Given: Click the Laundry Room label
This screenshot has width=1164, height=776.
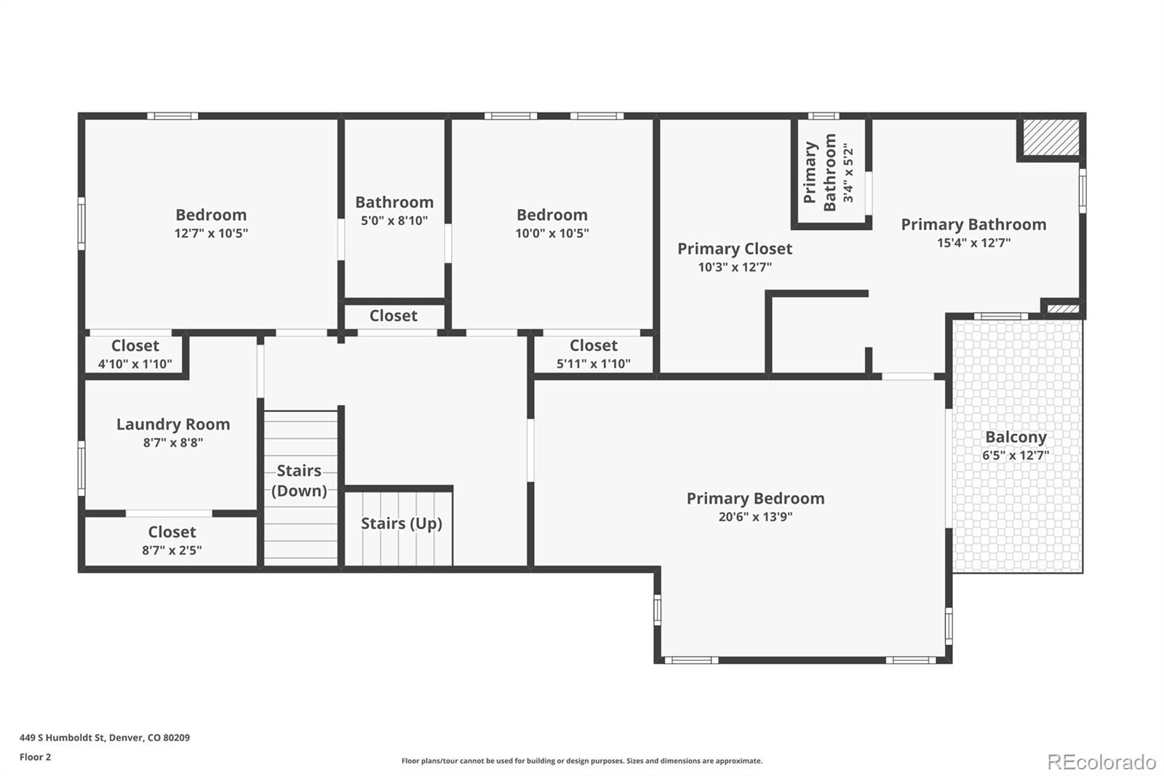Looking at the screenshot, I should [173, 424].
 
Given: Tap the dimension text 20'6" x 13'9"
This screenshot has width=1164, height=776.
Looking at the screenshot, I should [755, 517].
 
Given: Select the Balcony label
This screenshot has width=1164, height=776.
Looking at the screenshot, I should [1016, 438].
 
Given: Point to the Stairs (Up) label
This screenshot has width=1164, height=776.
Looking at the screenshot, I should [402, 523].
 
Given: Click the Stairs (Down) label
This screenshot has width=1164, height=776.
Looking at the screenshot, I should [299, 480].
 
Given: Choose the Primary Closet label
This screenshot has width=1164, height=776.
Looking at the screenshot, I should [735, 249].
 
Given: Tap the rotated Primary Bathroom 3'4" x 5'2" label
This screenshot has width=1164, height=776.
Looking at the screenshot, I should [829, 173].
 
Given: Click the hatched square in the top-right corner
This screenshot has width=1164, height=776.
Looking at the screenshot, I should [1051, 138].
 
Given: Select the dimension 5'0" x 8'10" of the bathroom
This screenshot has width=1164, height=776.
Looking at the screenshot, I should [394, 221].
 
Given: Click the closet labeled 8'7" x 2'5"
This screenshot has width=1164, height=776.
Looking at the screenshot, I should [172, 540].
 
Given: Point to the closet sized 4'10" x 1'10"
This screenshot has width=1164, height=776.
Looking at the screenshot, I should [135, 354].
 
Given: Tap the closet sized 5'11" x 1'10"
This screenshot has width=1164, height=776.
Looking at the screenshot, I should [594, 354].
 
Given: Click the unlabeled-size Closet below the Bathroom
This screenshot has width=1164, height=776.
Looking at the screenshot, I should [394, 316].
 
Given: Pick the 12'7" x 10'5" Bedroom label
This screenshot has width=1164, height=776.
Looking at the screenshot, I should [211, 215].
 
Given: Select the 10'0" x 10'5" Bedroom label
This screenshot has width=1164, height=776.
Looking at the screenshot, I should [552, 215].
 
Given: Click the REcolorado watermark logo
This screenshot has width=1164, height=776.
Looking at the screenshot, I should [1101, 761].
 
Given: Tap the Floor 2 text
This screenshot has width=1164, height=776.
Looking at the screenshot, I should [35, 757].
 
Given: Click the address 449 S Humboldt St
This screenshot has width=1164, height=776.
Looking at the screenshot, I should [105, 737].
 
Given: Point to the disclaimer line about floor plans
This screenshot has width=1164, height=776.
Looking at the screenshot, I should [582, 761].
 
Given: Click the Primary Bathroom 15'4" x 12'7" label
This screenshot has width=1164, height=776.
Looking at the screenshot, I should [973, 225].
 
